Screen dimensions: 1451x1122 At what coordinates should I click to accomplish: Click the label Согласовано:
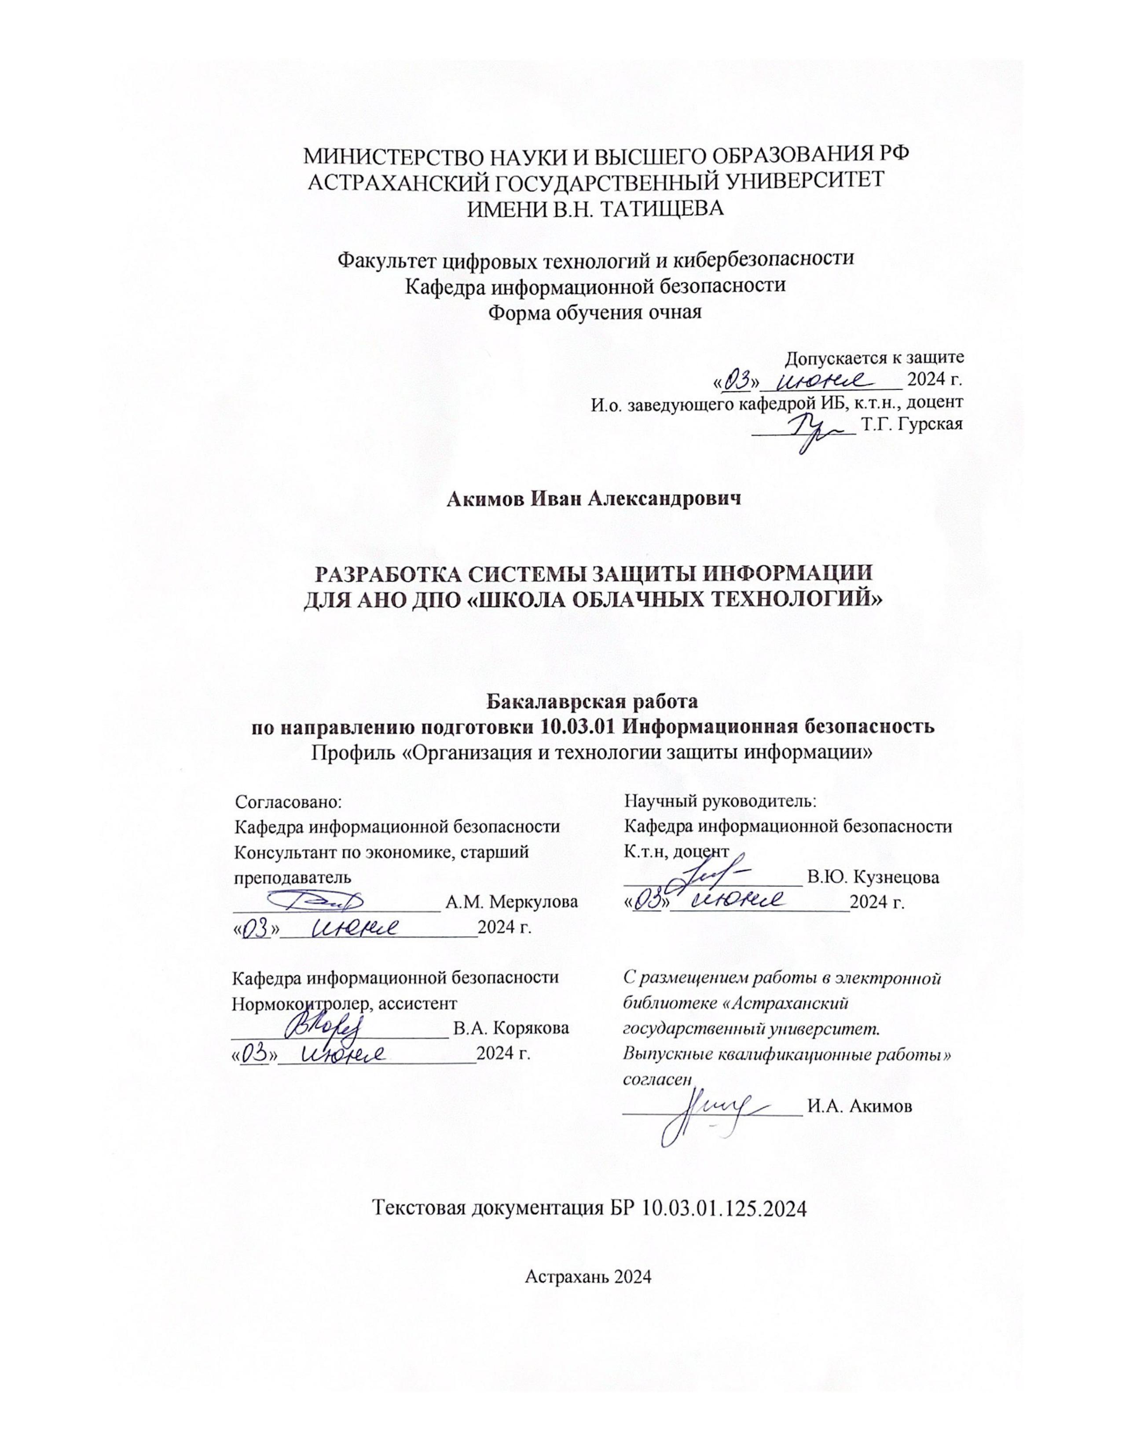(x=288, y=801)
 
